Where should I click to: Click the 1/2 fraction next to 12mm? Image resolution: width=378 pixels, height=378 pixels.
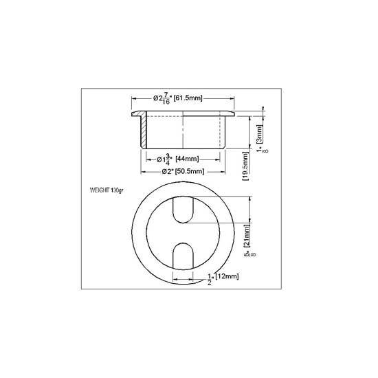pyautogui.click(x=210, y=278)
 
